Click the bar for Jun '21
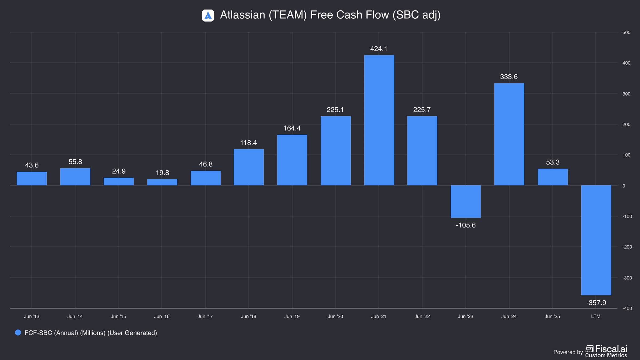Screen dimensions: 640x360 [x=379, y=120]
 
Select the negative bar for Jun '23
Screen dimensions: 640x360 [x=466, y=201]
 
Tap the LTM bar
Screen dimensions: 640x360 [x=596, y=240]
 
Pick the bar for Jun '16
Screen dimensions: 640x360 [x=162, y=182]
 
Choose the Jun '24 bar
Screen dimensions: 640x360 [x=509, y=134]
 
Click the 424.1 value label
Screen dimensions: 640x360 [x=379, y=49]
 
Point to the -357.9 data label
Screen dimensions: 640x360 [x=596, y=303]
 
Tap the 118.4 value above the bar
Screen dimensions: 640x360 [x=249, y=143]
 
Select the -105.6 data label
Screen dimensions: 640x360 [x=466, y=225]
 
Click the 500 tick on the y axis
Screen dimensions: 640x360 [x=626, y=32]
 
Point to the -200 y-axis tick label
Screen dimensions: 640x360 [x=627, y=247]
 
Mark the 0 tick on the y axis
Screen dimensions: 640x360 [x=624, y=186]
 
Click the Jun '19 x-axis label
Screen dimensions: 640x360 [x=292, y=316]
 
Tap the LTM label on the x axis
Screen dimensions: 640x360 [x=596, y=316]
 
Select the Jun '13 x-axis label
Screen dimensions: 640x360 [x=32, y=316]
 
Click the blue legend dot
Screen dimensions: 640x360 [x=18, y=333]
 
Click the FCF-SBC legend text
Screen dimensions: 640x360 [x=91, y=333]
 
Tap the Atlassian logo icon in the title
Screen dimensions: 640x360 [x=208, y=15]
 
